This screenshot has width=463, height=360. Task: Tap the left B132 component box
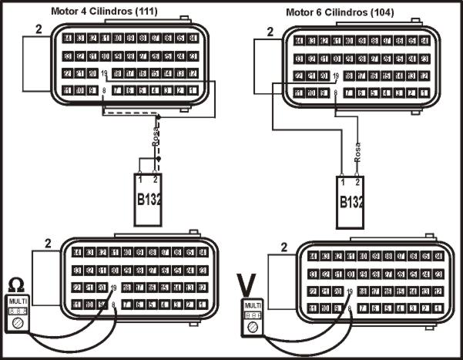point(148,199)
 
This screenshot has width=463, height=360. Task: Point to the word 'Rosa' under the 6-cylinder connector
point(357,151)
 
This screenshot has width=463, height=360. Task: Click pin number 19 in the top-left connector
point(104,74)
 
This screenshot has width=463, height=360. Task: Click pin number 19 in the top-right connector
point(337,76)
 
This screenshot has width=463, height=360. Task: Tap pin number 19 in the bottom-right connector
point(350,291)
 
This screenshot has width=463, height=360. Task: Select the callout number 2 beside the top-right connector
point(270,32)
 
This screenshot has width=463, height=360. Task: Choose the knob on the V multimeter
point(250,327)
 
